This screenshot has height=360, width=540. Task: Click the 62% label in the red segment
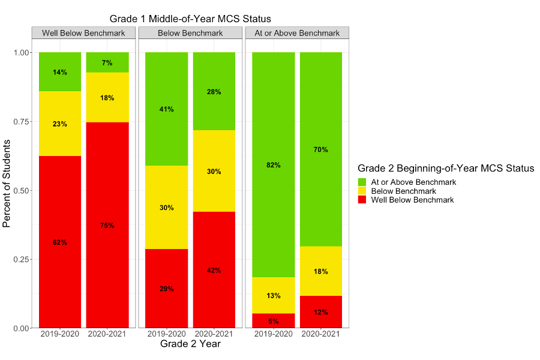tap(60, 242)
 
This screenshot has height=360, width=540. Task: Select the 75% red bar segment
tap(107, 225)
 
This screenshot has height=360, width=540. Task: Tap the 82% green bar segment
tap(273, 164)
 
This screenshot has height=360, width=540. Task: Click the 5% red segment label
tap(273, 321)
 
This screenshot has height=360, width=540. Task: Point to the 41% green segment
tap(166, 109)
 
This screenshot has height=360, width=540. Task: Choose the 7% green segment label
tap(107, 63)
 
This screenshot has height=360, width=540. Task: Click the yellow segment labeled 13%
tap(273, 295)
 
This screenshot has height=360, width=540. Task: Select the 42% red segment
tap(214, 270)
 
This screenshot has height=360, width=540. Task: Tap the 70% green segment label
tap(321, 149)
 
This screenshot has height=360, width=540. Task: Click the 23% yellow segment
tap(60, 124)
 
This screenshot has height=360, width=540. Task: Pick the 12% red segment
tap(321, 312)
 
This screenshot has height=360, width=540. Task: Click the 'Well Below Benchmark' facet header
tap(83, 33)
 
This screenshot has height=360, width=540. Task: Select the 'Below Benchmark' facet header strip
tap(190, 33)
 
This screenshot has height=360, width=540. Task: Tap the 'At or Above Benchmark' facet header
tap(297, 33)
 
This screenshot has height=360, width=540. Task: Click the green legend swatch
tap(362, 182)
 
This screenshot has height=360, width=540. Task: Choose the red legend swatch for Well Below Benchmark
tap(362, 200)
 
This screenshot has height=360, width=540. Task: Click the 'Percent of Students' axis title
tap(7, 184)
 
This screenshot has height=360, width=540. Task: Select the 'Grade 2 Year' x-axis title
tap(190, 344)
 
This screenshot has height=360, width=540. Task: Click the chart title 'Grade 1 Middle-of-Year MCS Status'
tap(190, 19)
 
